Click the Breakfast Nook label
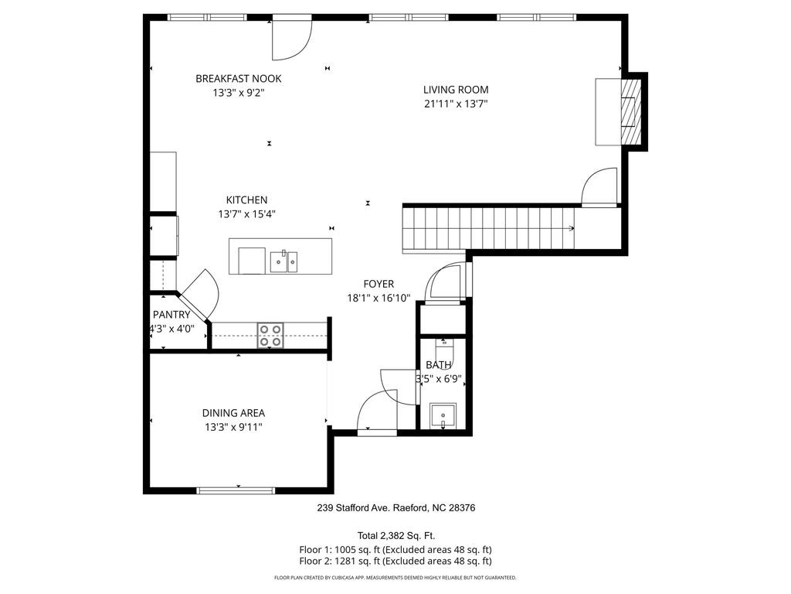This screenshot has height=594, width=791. pyautogui.click(x=239, y=79)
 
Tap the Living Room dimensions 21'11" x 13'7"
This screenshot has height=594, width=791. pyautogui.click(x=456, y=104)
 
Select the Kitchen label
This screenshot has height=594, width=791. pyautogui.click(x=246, y=200)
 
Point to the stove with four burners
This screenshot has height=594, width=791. pyautogui.click(x=270, y=336)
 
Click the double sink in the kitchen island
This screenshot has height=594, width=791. pyautogui.click(x=284, y=261)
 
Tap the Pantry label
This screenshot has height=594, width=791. pyautogui.click(x=171, y=315)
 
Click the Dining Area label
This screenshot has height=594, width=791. pyautogui.click(x=233, y=413)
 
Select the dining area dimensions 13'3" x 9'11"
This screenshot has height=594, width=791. pyautogui.click(x=233, y=427)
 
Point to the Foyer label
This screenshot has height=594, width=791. pyautogui.click(x=379, y=285)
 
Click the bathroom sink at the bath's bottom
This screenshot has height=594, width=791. pyautogui.click(x=443, y=415)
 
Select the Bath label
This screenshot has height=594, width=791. pyautogui.click(x=439, y=365)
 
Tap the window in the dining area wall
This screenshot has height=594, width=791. pyautogui.click(x=236, y=490)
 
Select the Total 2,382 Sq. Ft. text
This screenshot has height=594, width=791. pyautogui.click(x=396, y=536)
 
